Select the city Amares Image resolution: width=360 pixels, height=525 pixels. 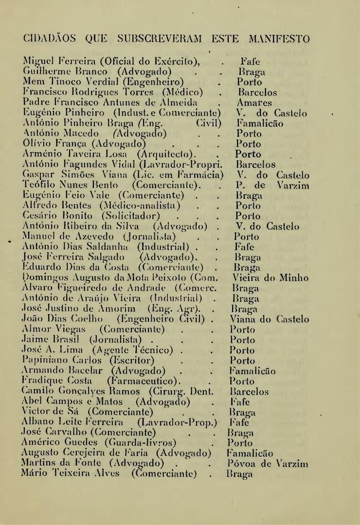[x=252, y=103]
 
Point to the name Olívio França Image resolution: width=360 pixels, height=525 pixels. [x=53, y=144]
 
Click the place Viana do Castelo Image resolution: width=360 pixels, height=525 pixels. [x=270, y=320]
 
